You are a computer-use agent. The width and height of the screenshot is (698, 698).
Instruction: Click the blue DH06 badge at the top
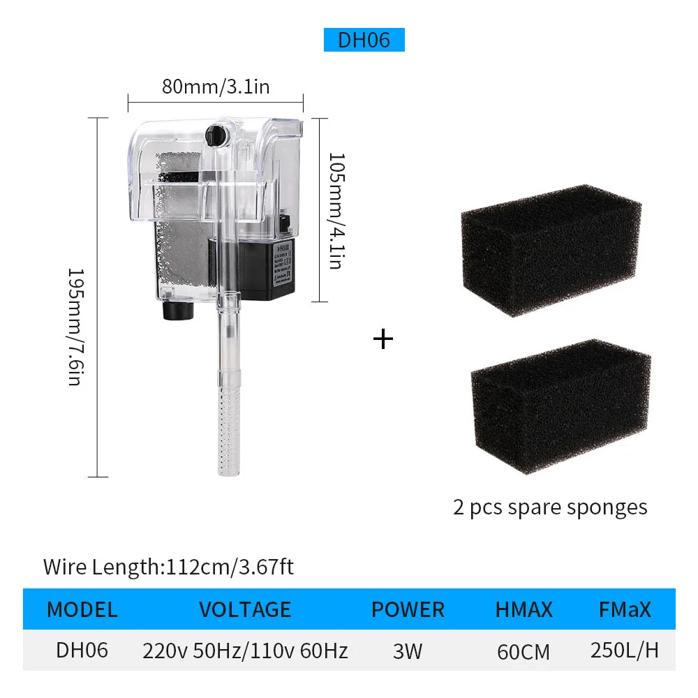(364, 40)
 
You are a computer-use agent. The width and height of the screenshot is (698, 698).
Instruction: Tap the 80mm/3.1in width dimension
(216, 87)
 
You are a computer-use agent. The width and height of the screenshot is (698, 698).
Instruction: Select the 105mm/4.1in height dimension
(336, 211)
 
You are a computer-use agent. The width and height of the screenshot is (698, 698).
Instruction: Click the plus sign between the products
(383, 339)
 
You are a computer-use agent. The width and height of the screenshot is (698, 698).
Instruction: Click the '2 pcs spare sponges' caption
(550, 507)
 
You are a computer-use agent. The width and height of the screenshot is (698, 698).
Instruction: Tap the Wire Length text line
(168, 566)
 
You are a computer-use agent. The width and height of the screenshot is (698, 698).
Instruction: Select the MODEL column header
(82, 610)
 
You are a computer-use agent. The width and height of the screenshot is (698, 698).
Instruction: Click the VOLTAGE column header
(245, 610)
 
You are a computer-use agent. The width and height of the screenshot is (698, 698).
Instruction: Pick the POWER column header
(408, 610)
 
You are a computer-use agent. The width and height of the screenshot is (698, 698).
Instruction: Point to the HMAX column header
(523, 610)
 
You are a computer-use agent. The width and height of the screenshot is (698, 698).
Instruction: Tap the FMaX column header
(625, 610)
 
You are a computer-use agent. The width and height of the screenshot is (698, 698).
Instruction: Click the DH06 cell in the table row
(82, 651)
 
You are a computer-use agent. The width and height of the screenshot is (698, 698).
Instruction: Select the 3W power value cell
(408, 651)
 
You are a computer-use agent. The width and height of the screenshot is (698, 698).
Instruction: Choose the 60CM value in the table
(523, 652)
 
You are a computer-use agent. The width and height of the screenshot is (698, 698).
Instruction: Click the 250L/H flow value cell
(625, 651)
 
